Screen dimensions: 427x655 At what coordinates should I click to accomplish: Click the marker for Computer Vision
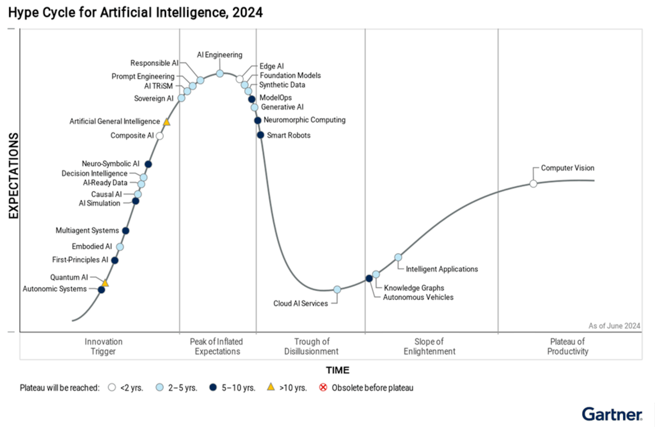click(533, 184)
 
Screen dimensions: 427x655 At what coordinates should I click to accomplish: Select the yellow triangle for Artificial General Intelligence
click(166, 122)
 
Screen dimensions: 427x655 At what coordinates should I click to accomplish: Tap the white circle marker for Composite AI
click(159, 135)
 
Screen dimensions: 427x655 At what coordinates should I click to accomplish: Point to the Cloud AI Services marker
click(337, 289)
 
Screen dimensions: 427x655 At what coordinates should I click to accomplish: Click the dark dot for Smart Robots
click(260, 135)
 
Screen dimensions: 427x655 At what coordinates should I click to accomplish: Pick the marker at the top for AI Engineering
click(220, 74)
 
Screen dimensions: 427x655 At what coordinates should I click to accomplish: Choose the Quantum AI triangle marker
click(105, 283)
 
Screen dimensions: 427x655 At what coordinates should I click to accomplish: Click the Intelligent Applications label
click(441, 269)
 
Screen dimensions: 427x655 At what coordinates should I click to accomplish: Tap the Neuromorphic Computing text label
click(304, 120)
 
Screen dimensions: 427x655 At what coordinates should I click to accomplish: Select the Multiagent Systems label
click(87, 230)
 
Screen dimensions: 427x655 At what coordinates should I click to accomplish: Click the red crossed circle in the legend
click(323, 387)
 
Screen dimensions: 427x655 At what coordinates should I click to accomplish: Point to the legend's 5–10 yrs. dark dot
click(213, 387)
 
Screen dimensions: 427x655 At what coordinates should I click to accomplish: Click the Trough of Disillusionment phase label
click(311, 346)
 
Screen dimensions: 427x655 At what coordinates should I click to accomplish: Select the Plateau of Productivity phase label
click(568, 346)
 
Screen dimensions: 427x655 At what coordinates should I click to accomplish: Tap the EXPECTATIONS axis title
click(13, 175)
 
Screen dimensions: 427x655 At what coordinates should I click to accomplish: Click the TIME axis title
click(337, 370)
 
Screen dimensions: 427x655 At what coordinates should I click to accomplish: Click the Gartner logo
click(611, 414)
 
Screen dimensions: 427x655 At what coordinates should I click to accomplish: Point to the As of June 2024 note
click(614, 326)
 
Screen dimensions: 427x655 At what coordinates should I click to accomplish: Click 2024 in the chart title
click(248, 13)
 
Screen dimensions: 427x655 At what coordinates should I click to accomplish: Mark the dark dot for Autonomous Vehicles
click(369, 278)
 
